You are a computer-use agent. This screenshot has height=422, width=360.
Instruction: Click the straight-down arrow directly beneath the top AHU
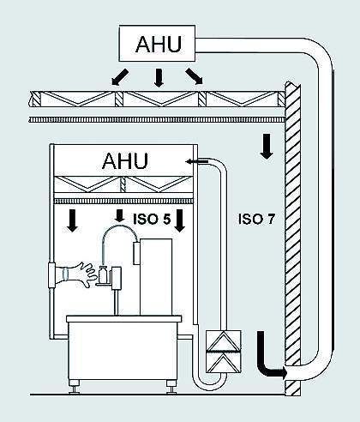click(158, 78)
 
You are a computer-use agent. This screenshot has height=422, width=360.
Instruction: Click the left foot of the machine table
click(80, 388)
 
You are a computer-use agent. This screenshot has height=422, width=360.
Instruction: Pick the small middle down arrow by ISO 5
click(119, 213)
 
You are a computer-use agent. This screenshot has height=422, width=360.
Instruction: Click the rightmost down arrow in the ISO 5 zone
click(180, 222)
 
